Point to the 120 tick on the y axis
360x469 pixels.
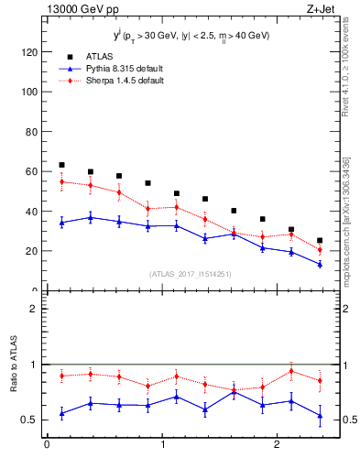(x=30, y=52)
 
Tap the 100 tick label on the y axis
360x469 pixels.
(x=30, y=92)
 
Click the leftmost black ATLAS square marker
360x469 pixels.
(x=61, y=165)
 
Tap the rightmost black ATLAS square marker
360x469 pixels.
(x=320, y=241)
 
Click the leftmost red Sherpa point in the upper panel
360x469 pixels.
(x=61, y=181)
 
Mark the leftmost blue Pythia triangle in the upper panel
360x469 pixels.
(x=61, y=222)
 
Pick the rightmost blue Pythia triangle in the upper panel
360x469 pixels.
(x=320, y=264)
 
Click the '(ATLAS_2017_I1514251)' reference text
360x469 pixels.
(x=191, y=274)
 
